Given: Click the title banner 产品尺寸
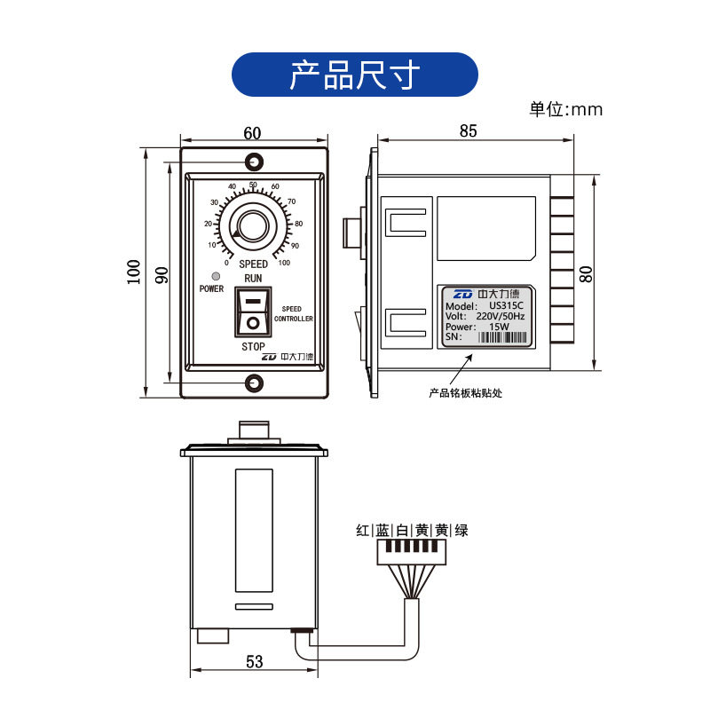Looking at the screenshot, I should pyautogui.click(x=354, y=75).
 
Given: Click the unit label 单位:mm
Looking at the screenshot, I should pyautogui.click(x=565, y=110).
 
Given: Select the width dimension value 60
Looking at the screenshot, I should pyautogui.click(x=252, y=133).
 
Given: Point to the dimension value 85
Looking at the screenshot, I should pyautogui.click(x=468, y=130).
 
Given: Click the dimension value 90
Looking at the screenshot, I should pyautogui.click(x=161, y=274).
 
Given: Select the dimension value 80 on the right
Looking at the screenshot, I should pyautogui.click(x=587, y=273).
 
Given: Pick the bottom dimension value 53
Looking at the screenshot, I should pyautogui.click(x=254, y=661).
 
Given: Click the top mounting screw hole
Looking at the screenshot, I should pyautogui.click(x=255, y=162).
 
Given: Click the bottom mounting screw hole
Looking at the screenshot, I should pyautogui.click(x=255, y=383).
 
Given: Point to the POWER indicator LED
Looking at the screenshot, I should pyautogui.click(x=205, y=276).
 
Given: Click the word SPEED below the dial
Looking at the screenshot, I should pyautogui.click(x=253, y=264).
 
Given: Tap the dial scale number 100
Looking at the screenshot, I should pyautogui.click(x=284, y=263).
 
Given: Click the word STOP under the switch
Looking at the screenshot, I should pyautogui.click(x=253, y=346).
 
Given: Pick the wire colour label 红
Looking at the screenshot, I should pyautogui.click(x=362, y=531).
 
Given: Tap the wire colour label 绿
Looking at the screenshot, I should pyautogui.click(x=461, y=531).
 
